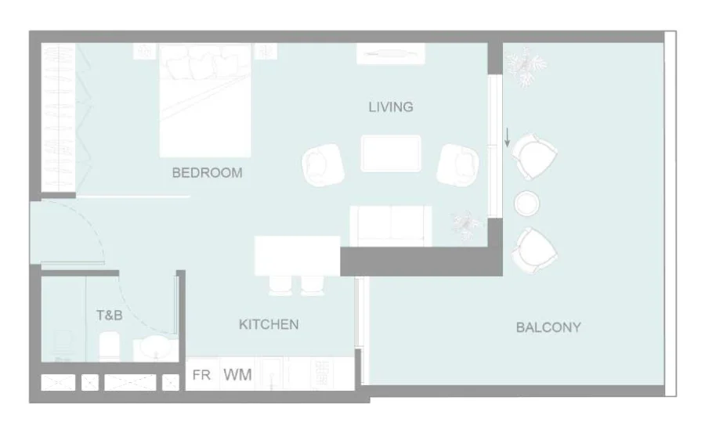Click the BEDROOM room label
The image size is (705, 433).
click(208, 173)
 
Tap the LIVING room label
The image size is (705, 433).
click(391, 107)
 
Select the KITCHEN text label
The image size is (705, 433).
click(269, 325)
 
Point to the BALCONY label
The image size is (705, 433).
click(548, 327)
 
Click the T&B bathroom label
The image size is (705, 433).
click(109, 316)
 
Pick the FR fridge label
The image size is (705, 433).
click(201, 375)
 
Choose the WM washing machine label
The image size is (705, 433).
click(237, 375)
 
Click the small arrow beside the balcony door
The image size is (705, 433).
click(507, 137)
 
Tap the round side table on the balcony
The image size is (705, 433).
click(527, 204)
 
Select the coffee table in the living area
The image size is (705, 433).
click(391, 153)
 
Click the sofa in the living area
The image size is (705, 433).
click(391, 226)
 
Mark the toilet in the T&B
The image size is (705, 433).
click(109, 347)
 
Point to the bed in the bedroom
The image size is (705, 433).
click(205, 100)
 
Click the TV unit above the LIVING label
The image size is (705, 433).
click(391, 54)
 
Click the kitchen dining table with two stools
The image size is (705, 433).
click(297, 256)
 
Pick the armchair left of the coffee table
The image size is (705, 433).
click(323, 164)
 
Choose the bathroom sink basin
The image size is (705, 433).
click(156, 348)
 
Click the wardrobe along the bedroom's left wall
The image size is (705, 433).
click(59, 117)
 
